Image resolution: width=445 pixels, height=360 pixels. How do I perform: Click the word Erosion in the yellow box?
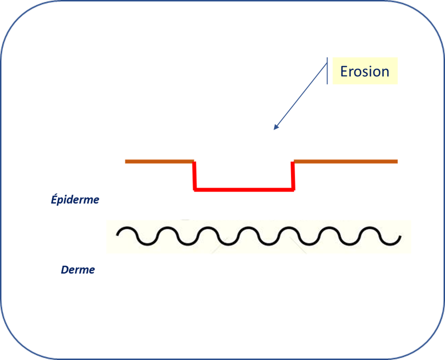click(x=365, y=71)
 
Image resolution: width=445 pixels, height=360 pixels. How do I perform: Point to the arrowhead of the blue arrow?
click(x=275, y=127)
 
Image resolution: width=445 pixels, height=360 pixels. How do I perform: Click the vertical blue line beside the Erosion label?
click(x=327, y=71)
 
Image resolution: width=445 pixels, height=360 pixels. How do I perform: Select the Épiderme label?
click(x=75, y=199)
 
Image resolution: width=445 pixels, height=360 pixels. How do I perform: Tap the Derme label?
click(x=78, y=269)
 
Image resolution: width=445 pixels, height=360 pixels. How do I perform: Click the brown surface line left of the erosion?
click(x=160, y=161)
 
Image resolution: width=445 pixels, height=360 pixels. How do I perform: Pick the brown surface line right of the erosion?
click(x=346, y=161)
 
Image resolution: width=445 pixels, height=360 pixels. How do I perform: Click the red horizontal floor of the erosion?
click(x=244, y=189)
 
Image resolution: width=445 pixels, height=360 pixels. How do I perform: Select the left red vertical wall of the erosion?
click(x=195, y=176)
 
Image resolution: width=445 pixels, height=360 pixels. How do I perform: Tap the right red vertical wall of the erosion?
click(x=293, y=176)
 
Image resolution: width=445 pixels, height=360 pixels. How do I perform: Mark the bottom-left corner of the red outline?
click(x=195, y=190)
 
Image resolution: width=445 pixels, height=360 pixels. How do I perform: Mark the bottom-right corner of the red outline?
click(x=293, y=190)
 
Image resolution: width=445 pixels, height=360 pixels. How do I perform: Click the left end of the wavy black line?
click(x=117, y=235)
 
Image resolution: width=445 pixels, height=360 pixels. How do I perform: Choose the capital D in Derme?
click(x=65, y=269)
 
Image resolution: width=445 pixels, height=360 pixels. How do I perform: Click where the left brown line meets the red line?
click(x=194, y=162)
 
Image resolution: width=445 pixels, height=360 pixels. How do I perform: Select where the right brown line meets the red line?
click(x=293, y=162)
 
